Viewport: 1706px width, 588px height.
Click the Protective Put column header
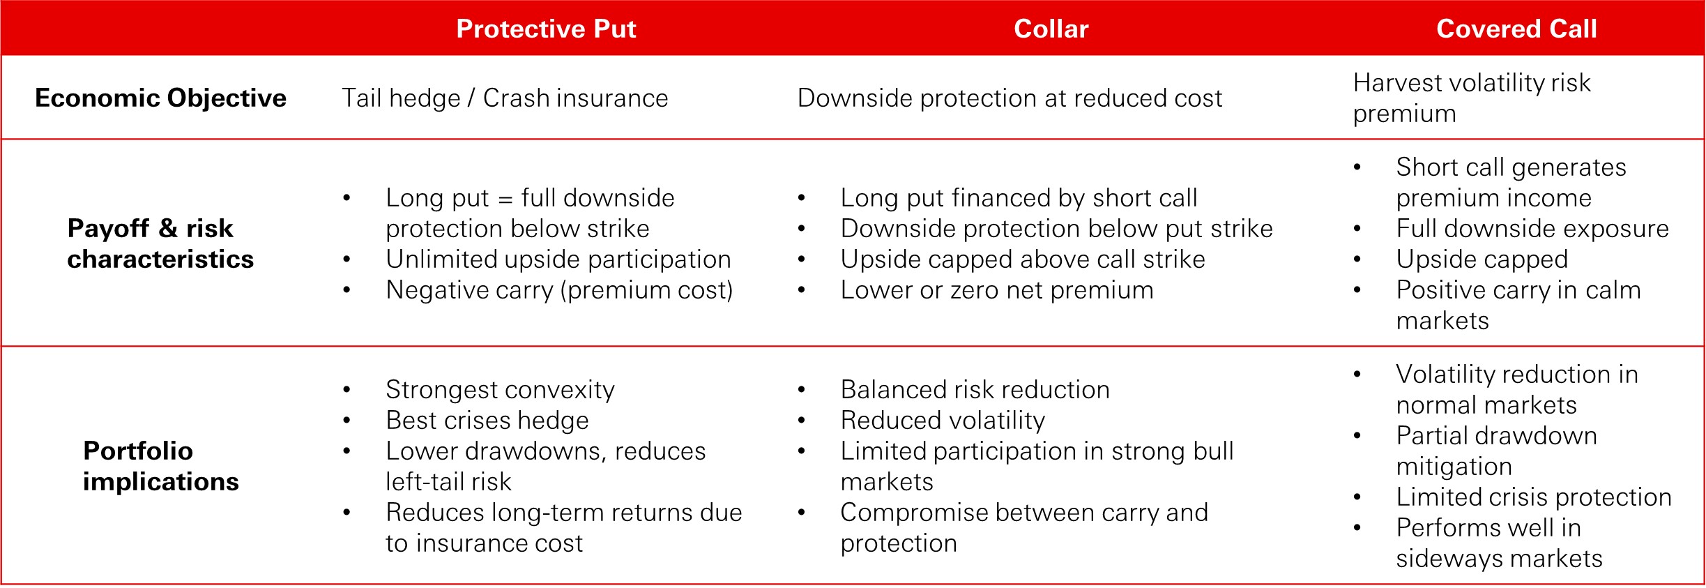coord(546,29)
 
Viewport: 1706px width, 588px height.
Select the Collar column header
coord(1051,29)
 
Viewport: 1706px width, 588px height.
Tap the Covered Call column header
coord(1516,29)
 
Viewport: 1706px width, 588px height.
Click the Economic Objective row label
coord(160,98)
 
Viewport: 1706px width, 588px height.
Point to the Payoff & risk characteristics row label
coord(160,243)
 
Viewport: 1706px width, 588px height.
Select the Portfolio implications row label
coord(160,466)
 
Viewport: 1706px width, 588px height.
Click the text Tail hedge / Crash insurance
coord(505,98)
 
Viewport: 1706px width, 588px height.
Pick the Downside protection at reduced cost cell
coord(1010,98)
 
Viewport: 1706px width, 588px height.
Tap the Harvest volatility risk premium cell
coord(1472,98)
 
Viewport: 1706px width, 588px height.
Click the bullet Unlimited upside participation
coord(558,259)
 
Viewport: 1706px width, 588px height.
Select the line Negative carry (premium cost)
coord(559,290)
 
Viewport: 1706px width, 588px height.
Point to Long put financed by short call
coord(1019,198)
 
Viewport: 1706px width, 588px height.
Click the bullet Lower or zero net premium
coord(997,290)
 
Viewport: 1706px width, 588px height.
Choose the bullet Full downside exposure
coord(1532,229)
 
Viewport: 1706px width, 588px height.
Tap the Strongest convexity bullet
coord(500,390)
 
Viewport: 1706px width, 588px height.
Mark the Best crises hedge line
coord(487,421)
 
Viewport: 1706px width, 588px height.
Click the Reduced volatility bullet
coord(943,421)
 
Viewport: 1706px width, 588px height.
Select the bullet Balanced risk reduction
coord(975,390)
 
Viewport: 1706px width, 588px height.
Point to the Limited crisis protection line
coord(1534,497)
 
